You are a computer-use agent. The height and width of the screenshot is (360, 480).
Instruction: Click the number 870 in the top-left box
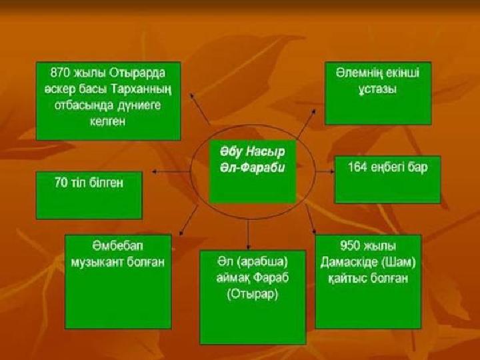(61, 73)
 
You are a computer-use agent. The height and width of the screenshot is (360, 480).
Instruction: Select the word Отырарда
(137, 73)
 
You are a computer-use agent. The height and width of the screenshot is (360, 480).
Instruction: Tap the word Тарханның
(141, 89)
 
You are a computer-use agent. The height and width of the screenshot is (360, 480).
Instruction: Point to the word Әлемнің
(355, 73)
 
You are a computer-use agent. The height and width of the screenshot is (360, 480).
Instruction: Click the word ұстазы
(377, 90)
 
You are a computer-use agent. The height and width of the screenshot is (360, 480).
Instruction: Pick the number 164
(357, 167)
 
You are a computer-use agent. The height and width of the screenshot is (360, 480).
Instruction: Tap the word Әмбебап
(117, 246)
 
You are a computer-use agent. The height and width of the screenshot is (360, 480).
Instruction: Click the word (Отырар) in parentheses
(253, 294)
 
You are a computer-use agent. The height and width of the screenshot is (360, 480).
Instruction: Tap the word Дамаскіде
(350, 263)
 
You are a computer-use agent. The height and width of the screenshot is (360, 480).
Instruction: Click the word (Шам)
(399, 263)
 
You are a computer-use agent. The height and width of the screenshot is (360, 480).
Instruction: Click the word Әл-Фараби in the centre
(253, 168)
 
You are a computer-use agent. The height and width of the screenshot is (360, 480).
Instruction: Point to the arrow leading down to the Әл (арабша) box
(248, 233)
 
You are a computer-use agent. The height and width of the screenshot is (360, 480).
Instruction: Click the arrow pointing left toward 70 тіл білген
(171, 172)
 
